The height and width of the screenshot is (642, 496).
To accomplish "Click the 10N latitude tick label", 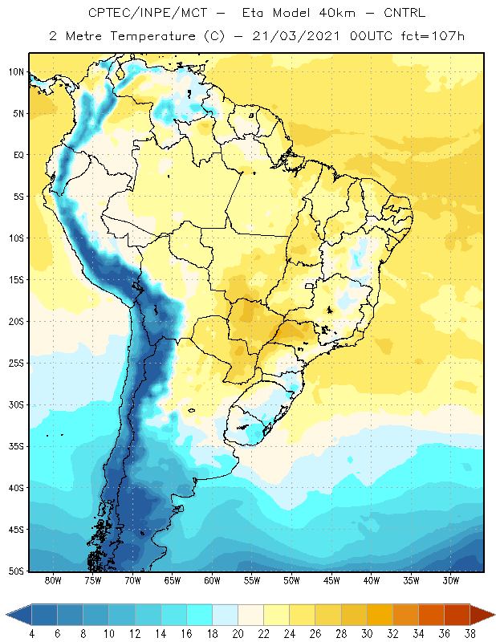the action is coord(16,72).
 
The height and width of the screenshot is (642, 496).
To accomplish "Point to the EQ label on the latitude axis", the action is coord(18,155).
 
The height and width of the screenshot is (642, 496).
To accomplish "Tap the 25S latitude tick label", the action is coord(16,364).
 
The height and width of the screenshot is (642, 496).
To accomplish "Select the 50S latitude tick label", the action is coord(16,571).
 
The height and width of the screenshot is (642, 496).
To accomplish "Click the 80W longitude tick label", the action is coord(53,580).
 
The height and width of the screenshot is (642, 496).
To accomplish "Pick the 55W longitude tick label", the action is coord(252,580).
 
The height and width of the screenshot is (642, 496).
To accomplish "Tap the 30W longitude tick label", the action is coord(450,580).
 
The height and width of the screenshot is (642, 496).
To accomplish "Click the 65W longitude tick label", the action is coord(173,580).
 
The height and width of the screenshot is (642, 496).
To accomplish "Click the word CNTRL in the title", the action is coord(405,13).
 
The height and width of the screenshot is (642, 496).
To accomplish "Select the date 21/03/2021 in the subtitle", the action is coord(295,36).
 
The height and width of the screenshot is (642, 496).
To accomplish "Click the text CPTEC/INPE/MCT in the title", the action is coord(148,13).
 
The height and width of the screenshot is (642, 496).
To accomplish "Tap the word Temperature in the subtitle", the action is coord(152,37).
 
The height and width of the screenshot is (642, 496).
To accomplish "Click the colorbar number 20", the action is coord(238,634).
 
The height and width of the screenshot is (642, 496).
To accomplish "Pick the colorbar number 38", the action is coord(470,634).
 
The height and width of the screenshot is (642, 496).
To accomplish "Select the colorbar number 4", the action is coord(31,634).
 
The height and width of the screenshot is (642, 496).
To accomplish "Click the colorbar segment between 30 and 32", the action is coord(380,615).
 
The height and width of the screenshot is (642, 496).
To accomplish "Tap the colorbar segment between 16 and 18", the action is coord(200,615).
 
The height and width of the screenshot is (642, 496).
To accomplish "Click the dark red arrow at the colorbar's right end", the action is coord(482,615).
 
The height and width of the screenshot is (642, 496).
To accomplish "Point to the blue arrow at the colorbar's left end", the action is coord(18,615).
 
